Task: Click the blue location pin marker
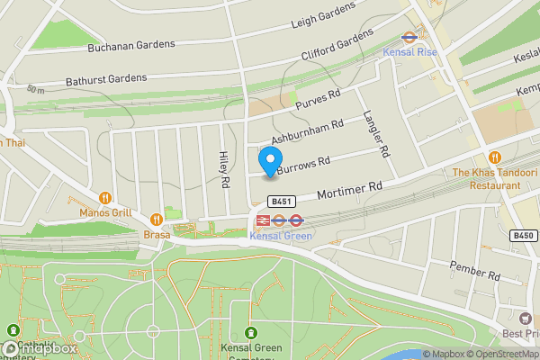pos(269,161)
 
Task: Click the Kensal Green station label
pos(280,236)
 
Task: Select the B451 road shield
pos(283,202)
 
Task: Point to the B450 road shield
pos(523,235)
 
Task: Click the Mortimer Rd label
pos(352,190)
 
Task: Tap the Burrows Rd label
pos(303,164)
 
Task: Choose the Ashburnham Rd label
pos(308,133)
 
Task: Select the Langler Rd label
pos(375,136)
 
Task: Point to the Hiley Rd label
pos(223,169)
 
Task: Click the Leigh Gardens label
pos(323,15)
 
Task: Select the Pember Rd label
pos(475,270)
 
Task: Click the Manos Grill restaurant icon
pos(104,197)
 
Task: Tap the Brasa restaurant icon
pos(157,218)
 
